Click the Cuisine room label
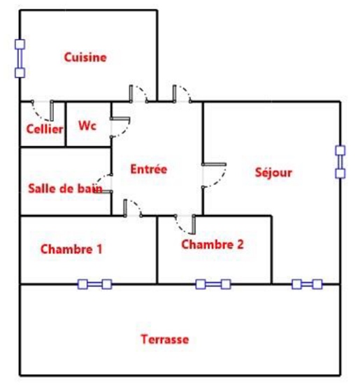pos(85,57)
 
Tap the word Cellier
pos(45,129)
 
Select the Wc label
pos(87,126)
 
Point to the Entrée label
pos(149,169)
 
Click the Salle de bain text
pos(65,189)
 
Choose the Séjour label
pos(273,172)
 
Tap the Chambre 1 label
pos(71,249)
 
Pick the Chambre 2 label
pos(213,244)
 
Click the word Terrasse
pos(165,339)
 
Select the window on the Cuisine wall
pos(20,59)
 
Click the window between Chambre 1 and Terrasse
pos(95,284)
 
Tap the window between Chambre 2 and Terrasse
pos(213,284)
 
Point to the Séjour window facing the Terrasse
pos(307,284)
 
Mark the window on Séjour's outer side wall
pos(340,162)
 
